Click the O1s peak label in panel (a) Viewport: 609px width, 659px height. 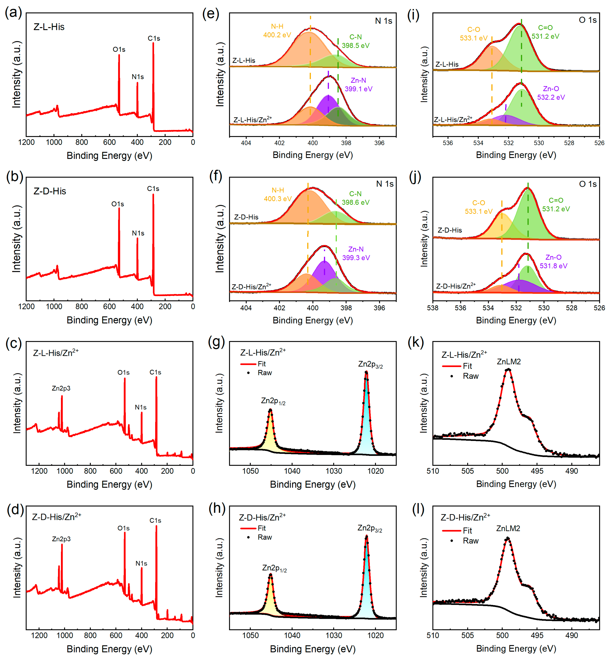pyautogui.click(x=119, y=49)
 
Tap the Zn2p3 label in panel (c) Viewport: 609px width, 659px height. pyautogui.click(x=61, y=388)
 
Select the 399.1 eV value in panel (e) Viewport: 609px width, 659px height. pyautogui.click(x=358, y=89)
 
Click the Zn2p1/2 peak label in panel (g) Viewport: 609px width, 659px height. pyautogui.click(x=273, y=401)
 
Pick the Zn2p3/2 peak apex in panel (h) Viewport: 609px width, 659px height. pyautogui.click(x=367, y=537)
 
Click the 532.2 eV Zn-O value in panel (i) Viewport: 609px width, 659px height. pyautogui.click(x=551, y=97)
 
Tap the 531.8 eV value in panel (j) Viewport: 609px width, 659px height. pyautogui.click(x=553, y=266)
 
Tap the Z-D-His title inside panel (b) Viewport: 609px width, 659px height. pyautogui.click(x=50, y=191)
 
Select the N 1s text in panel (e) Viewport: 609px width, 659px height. pyautogui.click(x=384, y=21)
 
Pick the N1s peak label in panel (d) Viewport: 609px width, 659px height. pyautogui.click(x=141, y=563)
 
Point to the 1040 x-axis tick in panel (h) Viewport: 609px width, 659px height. pyautogui.click(x=292, y=635)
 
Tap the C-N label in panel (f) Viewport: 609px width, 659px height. pyautogui.click(x=355, y=194)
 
